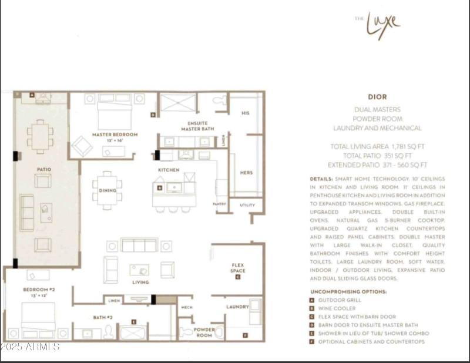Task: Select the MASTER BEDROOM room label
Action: click(x=115, y=135)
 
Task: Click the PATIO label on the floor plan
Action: click(x=43, y=169)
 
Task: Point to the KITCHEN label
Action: click(x=168, y=170)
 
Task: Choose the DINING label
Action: click(x=108, y=190)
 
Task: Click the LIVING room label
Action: click(x=140, y=282)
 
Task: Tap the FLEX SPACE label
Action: click(x=238, y=268)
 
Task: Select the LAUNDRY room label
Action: click(x=237, y=307)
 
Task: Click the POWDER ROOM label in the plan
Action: click(x=204, y=332)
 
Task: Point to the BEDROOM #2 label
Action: click(x=39, y=290)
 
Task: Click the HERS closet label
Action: click(x=246, y=173)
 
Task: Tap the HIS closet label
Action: click(x=246, y=113)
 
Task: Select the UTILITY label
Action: click(x=247, y=205)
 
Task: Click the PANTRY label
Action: click(x=219, y=204)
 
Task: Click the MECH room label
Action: click(x=186, y=307)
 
